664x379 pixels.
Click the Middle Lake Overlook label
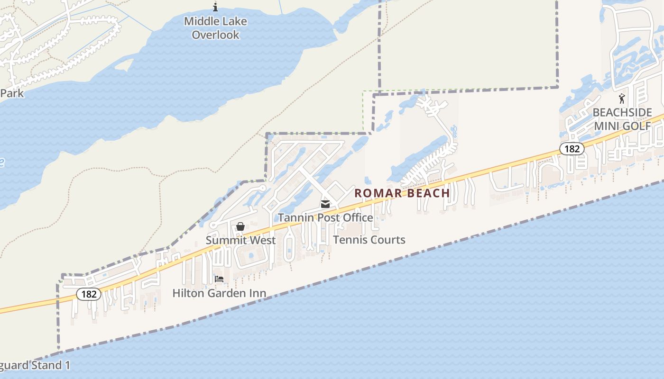[x=215, y=28]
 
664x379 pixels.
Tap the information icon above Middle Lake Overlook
[x=215, y=7]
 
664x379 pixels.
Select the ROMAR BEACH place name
[x=402, y=193]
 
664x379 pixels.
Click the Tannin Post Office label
[x=325, y=217]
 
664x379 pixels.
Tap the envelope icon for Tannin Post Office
[x=325, y=204]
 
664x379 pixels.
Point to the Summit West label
[x=240, y=240]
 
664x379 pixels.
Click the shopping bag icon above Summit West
[x=240, y=227]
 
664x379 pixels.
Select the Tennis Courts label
[x=369, y=240]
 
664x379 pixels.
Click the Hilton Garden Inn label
[x=219, y=293]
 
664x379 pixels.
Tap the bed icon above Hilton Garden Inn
[x=219, y=279]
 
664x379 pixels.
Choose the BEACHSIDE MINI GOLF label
[x=622, y=119]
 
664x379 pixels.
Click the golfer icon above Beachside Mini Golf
[x=622, y=99]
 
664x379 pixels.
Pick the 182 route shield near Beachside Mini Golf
[x=572, y=149]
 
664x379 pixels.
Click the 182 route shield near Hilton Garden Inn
[x=89, y=294]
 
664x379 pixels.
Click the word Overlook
[x=215, y=35]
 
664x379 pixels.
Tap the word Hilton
[x=188, y=293]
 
